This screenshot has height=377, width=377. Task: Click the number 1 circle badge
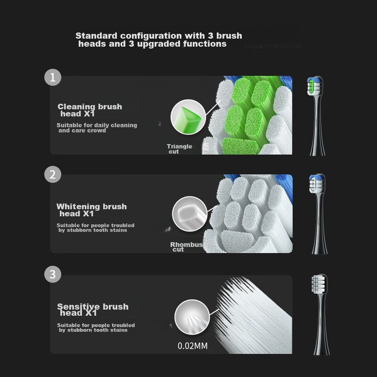[53, 77]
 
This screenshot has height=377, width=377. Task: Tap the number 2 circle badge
[53, 174]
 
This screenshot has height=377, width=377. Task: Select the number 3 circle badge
[53, 274]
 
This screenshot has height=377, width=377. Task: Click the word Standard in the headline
[96, 36]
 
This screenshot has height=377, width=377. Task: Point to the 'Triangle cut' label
[180, 149]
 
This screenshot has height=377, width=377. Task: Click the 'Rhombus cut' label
[186, 247]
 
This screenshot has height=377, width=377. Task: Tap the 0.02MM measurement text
[193, 346]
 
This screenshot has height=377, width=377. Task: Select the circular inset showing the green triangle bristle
[188, 117]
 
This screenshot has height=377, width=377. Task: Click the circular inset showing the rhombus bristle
[190, 214]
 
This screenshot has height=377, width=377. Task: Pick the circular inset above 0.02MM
[192, 317]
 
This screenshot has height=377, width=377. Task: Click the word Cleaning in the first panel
[76, 107]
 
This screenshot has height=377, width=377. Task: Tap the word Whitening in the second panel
[78, 206]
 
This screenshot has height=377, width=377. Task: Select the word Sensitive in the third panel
[78, 306]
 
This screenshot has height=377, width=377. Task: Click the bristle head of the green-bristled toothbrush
[314, 86]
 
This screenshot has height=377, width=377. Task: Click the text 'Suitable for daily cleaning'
[97, 125]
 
